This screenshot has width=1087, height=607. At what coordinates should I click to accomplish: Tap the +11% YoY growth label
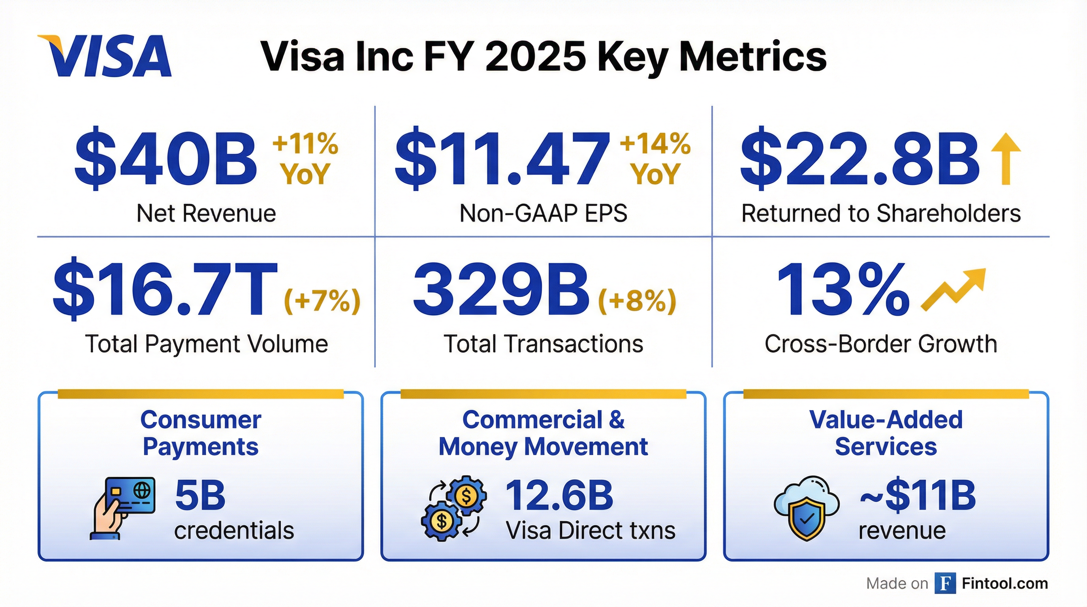[x=305, y=159]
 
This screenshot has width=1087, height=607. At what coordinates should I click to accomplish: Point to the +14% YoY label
[x=654, y=159]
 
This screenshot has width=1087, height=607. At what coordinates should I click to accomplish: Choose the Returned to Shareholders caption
[x=881, y=213]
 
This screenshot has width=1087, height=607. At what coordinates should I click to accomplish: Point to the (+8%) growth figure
[x=637, y=302]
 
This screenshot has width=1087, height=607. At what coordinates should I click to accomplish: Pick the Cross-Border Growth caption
[x=881, y=344]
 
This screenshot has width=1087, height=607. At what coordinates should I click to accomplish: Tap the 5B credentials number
[x=200, y=496]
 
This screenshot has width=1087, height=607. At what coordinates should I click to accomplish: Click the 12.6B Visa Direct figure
[x=559, y=496]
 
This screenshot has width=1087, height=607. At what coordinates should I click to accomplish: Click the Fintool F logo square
[x=945, y=583]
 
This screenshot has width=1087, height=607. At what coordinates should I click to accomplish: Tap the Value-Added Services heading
[x=886, y=433]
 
